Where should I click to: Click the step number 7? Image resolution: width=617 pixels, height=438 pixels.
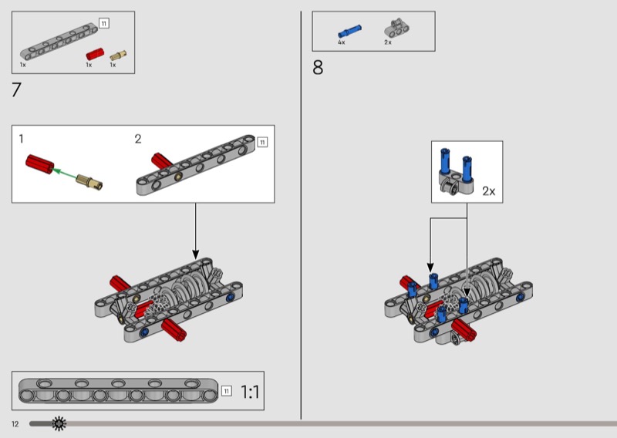coord(16,89)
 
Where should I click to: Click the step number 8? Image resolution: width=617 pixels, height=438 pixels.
coord(318,68)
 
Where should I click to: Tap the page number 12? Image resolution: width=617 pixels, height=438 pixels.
coord(15,424)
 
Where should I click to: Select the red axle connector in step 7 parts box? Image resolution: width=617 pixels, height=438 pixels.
coord(93,54)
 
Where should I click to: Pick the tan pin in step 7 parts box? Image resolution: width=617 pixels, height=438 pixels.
coord(117,55)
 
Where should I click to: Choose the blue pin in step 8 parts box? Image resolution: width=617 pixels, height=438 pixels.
coord(350,32)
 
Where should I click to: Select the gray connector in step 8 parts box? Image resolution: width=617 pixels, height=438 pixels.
coord(396,29)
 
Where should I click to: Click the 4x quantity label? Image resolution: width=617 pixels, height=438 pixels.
coord(341,42)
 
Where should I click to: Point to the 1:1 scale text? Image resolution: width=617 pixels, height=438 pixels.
coord(250,392)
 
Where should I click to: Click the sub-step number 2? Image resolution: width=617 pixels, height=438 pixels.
coord(138,139)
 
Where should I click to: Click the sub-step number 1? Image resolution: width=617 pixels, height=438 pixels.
coord(22,139)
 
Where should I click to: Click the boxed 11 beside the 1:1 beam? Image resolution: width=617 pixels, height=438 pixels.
coord(227,391)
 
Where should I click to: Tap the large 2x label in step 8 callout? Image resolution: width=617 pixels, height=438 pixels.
coord(490,190)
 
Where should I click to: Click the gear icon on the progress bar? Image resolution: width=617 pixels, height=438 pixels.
coord(59,423)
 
